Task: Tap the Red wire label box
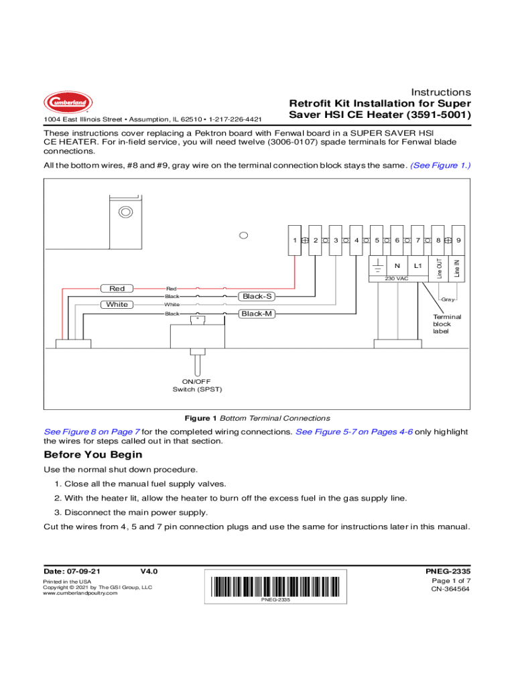(x=117, y=288)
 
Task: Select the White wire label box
(x=117, y=304)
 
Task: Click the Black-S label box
(x=257, y=296)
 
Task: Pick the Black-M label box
(x=257, y=313)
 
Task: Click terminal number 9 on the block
(x=458, y=239)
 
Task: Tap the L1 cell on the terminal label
(x=417, y=265)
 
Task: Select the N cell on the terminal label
(x=397, y=265)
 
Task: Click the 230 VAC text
(x=397, y=278)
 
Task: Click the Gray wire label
(x=448, y=299)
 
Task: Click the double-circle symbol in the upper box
(x=125, y=212)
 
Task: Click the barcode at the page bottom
(x=275, y=586)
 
